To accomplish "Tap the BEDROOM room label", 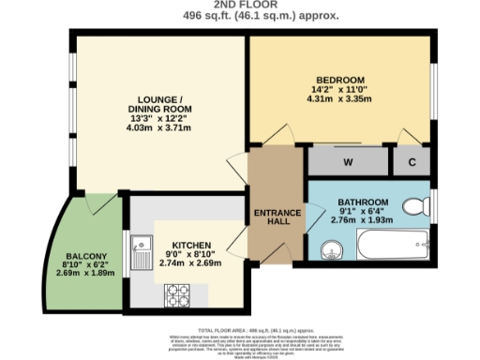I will (x=340, y=80).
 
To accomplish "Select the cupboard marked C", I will (x=411, y=161).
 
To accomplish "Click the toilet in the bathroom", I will (x=413, y=209).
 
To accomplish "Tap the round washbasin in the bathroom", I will (x=331, y=250).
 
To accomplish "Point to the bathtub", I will (x=393, y=248).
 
